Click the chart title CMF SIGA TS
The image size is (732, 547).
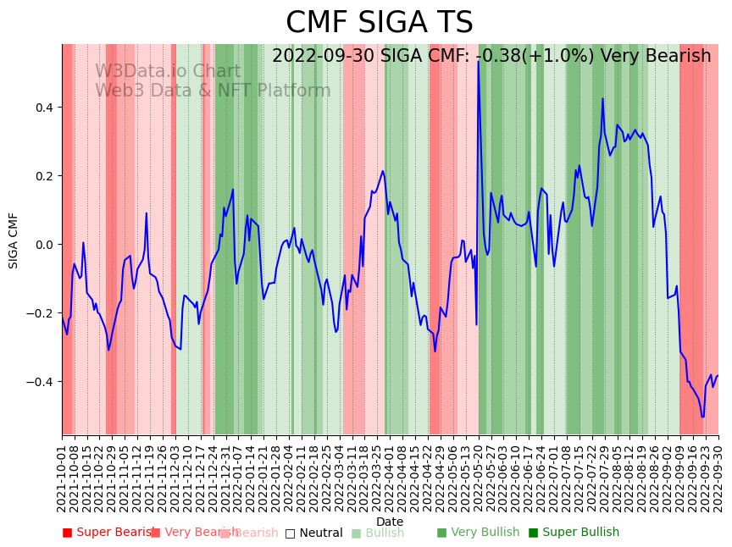(379, 23)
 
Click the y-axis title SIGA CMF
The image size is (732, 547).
(14, 240)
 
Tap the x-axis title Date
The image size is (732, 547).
(390, 522)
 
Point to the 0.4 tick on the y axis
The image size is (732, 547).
(44, 108)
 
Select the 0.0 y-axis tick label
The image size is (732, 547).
(44, 245)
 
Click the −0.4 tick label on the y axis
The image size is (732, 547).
(42, 382)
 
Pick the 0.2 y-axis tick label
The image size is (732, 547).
(44, 176)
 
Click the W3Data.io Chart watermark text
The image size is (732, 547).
(168, 71)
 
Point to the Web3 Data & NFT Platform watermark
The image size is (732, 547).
(213, 91)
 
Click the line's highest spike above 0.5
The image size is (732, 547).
(479, 61)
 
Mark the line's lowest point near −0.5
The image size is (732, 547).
(702, 417)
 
